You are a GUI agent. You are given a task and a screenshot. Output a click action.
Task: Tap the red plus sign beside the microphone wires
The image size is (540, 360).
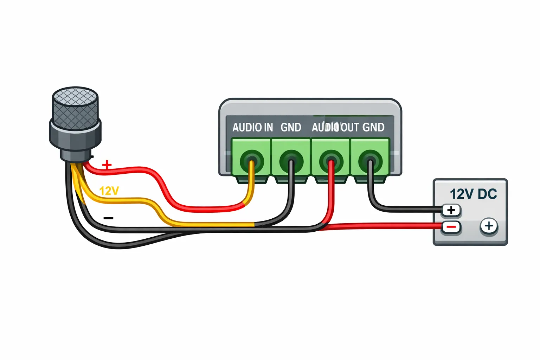point(107,165)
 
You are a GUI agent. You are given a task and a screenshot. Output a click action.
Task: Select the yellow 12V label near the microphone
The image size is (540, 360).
point(109,191)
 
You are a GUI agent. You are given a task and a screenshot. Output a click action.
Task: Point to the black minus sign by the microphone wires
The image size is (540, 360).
point(109,218)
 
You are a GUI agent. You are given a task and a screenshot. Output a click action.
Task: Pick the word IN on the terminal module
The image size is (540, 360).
point(269,127)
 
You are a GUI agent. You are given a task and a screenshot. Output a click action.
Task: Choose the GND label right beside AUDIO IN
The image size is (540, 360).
point(291,127)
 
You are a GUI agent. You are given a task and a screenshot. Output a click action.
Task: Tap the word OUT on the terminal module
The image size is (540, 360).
point(349,127)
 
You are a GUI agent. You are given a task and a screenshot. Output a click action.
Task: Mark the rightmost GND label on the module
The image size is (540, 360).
point(373,127)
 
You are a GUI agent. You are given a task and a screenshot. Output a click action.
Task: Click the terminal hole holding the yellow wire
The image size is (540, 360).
point(252,162)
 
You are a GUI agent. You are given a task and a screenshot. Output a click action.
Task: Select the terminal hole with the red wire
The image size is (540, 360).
point(330,162)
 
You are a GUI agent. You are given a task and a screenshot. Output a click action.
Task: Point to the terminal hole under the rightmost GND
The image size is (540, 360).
point(370,162)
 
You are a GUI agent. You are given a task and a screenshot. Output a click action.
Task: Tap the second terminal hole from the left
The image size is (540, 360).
point(291,162)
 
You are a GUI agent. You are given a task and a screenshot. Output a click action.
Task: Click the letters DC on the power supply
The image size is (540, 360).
point(487,194)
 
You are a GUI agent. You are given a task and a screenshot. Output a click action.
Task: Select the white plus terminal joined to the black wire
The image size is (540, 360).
point(451,210)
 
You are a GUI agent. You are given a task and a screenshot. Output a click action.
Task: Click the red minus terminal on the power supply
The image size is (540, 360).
point(451,227)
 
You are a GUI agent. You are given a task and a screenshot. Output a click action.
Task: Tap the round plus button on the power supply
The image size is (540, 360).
point(489,226)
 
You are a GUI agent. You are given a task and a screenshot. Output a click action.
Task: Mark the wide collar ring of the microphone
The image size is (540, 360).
point(75,135)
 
